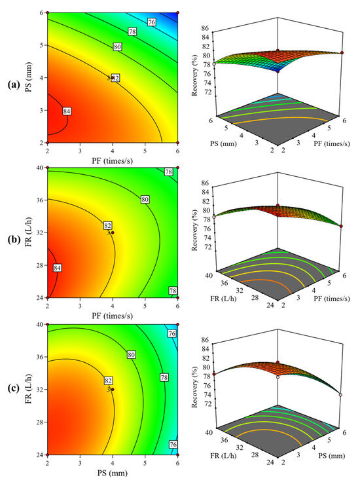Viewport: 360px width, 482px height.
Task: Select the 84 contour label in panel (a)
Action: coord(67,111)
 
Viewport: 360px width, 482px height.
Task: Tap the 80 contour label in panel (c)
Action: coord(131,354)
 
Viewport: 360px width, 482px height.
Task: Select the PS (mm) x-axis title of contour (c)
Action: coord(112,472)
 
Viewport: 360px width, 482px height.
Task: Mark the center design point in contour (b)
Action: coord(113,232)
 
